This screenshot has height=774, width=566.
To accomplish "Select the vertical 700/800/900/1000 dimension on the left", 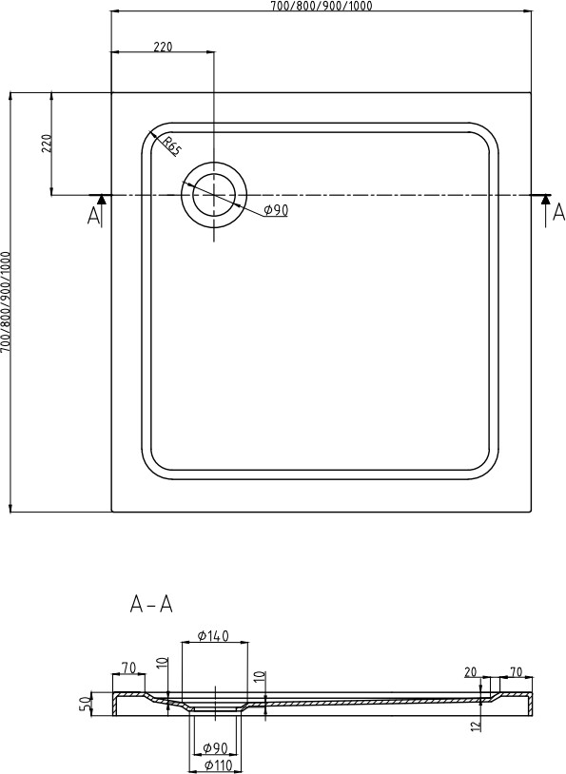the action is (x=6, y=302).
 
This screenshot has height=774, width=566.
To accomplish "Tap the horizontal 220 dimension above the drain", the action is (x=163, y=47).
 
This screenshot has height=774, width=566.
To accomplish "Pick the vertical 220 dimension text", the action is (x=47, y=143).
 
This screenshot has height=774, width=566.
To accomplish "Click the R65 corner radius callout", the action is (x=171, y=145).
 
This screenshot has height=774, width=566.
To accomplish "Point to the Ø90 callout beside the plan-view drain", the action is (x=276, y=210).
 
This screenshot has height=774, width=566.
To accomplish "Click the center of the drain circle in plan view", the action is (x=214, y=195).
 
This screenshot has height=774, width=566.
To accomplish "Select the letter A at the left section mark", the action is (x=93, y=216).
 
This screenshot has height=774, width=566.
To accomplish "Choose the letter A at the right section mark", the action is (x=558, y=212).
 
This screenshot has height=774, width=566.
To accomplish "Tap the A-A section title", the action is (x=151, y=604).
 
